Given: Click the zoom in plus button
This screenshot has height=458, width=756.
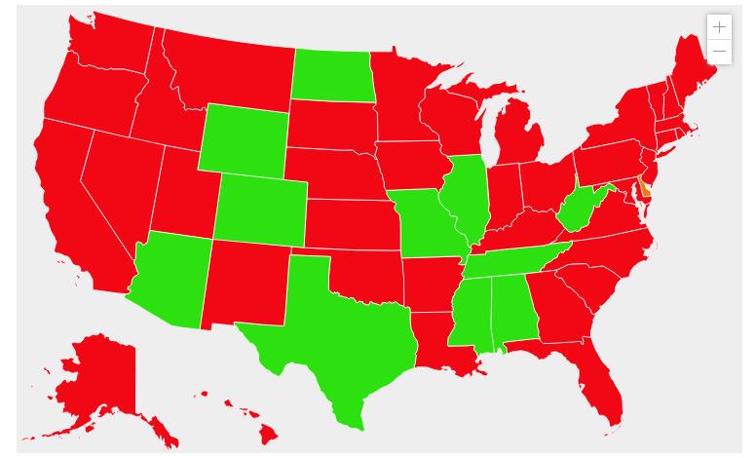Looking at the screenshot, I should tap(719, 27).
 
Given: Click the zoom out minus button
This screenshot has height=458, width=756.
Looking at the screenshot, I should tap(719, 51).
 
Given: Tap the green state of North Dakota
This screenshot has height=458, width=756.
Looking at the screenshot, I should tap(333, 74).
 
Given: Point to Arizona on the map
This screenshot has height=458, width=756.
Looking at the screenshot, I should tap(170, 278).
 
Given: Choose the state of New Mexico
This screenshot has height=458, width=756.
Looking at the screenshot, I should tap(244, 283).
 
